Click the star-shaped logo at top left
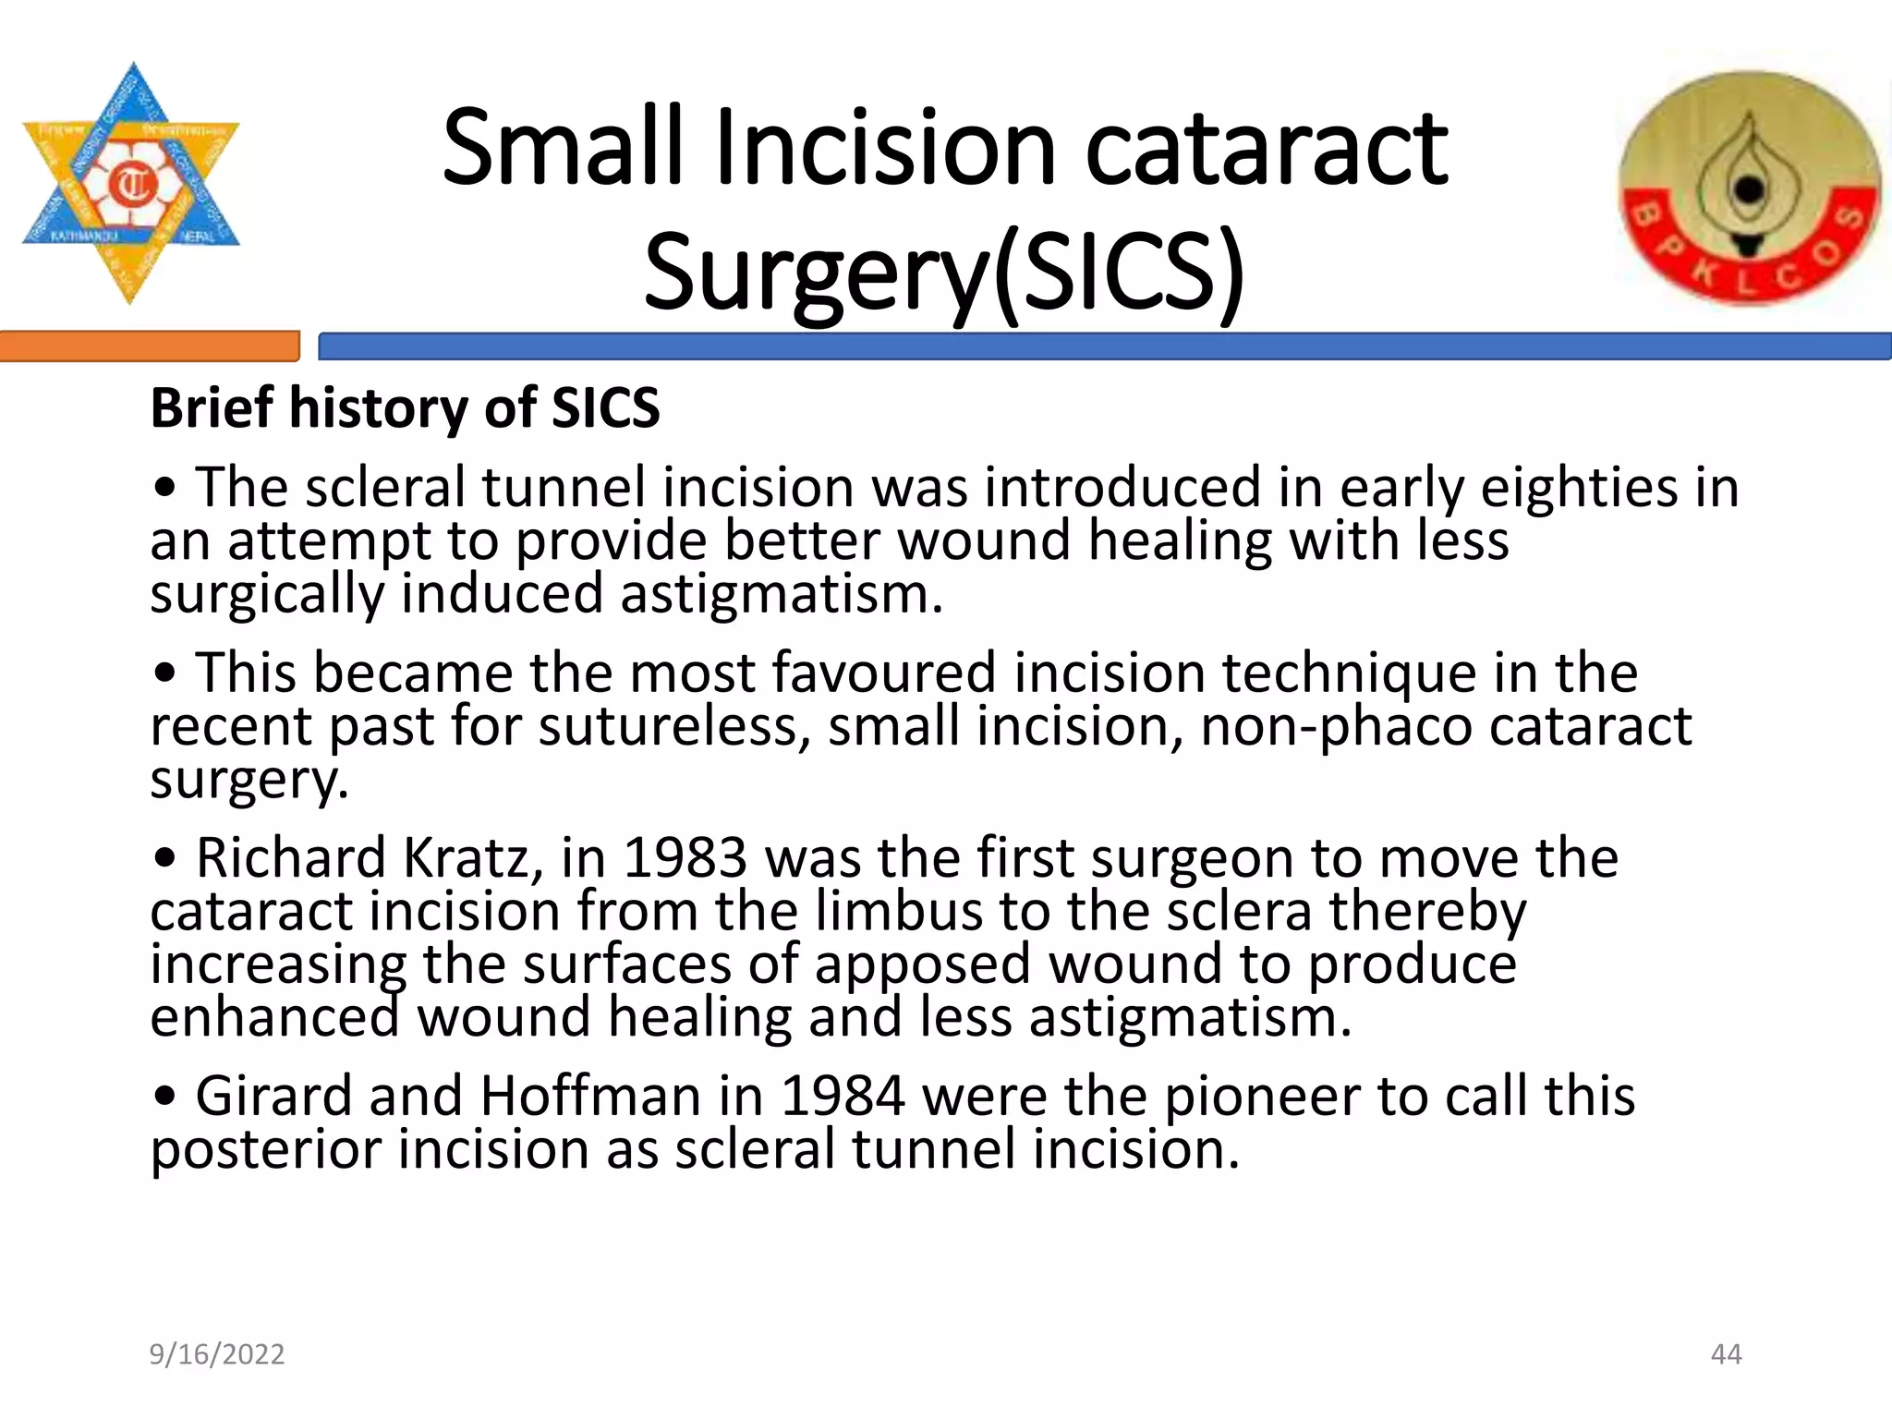click(x=130, y=184)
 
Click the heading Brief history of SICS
click(x=405, y=407)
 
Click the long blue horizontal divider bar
click(x=1104, y=346)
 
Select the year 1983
click(x=685, y=858)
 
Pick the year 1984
click(x=843, y=1097)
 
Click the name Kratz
click(x=473, y=858)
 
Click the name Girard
click(x=273, y=1097)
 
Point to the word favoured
click(x=884, y=673)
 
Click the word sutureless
click(x=673, y=726)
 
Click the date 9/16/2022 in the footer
click(x=217, y=1354)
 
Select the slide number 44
click(x=1726, y=1354)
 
